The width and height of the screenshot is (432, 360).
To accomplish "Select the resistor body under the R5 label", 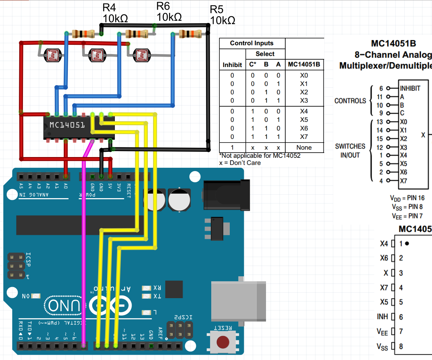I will tap(190, 34).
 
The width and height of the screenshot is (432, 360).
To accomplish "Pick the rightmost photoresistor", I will tap(141, 56).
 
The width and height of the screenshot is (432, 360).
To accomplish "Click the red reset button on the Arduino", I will tap(223, 342).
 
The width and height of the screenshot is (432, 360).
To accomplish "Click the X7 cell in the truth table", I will tap(304, 137).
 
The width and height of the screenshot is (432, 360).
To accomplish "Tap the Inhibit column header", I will tap(232, 65).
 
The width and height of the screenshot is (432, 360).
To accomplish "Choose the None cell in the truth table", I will tap(304, 147).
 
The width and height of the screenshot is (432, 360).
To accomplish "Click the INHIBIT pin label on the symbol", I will tap(410, 88).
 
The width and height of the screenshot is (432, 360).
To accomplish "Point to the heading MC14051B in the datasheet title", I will tap(393, 44).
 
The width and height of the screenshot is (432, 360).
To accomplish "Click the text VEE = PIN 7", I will tap(407, 216).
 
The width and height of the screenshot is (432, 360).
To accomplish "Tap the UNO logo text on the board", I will tap(63, 306).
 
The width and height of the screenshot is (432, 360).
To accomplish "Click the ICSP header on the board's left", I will tap(15, 265).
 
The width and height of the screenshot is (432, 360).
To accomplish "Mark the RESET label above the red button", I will tap(223, 328).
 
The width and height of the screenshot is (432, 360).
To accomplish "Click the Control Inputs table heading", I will tap(252, 43).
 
